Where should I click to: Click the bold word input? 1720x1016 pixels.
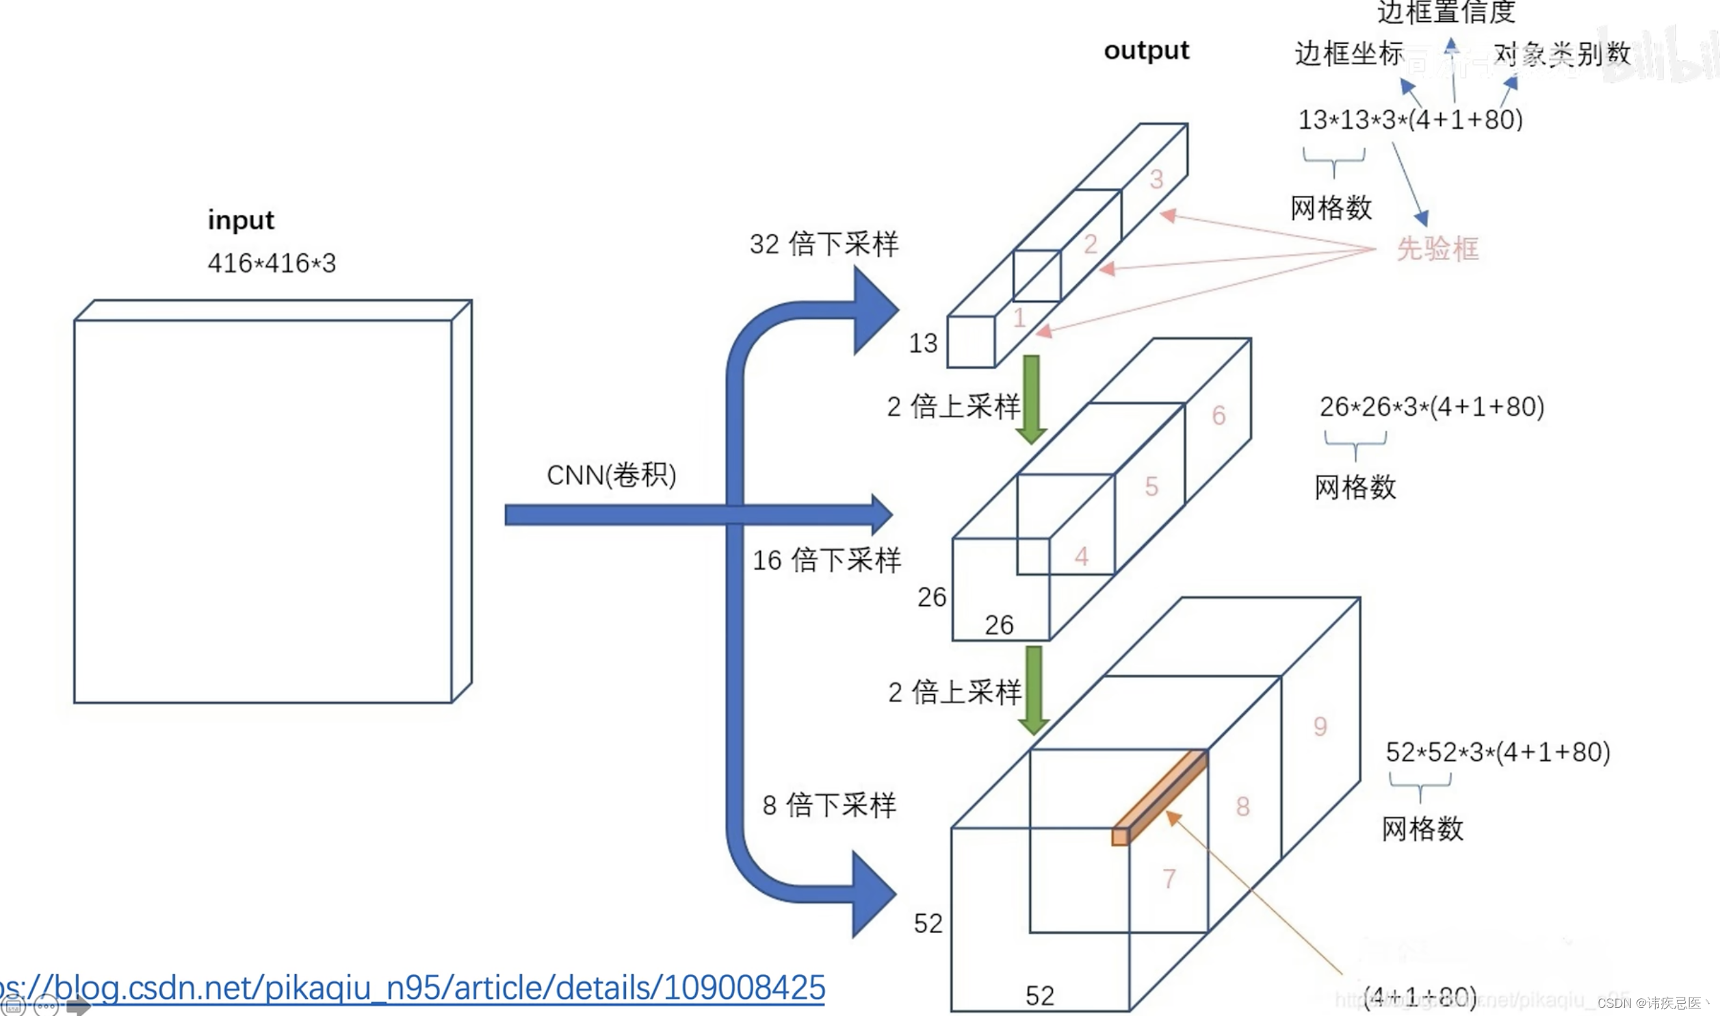pos(240,220)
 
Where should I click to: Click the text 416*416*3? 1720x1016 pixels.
pos(272,264)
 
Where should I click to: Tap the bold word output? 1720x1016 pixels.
pos(1146,51)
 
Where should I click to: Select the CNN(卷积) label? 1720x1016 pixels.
pos(611,475)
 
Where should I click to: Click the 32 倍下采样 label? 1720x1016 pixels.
pos(824,244)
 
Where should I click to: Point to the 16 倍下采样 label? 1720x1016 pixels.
pos(826,561)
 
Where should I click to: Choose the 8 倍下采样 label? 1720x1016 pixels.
pos(829,805)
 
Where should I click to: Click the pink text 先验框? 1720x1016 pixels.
pos(1437,249)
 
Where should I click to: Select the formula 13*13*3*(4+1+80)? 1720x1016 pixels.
pos(1410,120)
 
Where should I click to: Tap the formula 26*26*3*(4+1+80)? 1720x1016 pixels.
pos(1431,407)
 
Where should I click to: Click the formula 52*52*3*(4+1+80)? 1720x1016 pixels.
pos(1498,752)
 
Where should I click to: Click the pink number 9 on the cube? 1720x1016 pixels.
pos(1320,726)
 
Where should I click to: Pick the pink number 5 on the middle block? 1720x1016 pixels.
pos(1151,487)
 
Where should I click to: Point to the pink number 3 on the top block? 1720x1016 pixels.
pos(1156,179)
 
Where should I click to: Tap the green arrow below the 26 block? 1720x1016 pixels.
pos(1034,689)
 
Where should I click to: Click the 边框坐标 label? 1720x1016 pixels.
pos(1348,54)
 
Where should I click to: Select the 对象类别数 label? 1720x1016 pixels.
pos(1561,54)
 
